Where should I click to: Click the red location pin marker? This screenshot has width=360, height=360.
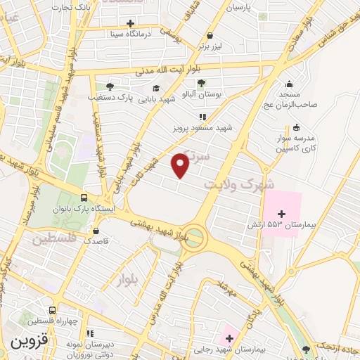[181, 165]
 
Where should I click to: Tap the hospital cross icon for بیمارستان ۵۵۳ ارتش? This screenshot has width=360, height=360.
[282, 214]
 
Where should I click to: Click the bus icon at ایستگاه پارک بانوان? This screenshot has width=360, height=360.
[84, 198]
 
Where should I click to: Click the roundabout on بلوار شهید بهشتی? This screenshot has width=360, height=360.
[196, 238]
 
